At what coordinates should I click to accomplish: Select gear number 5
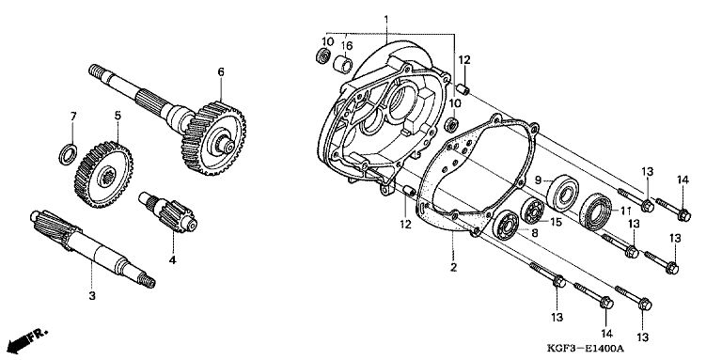pyautogui.click(x=103, y=175)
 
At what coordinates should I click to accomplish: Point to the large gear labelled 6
pyautogui.click(x=213, y=138)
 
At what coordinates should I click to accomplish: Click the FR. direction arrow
pyautogui.click(x=26, y=341)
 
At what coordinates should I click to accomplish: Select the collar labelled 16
pyautogui.click(x=342, y=64)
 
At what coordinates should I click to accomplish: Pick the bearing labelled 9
pyautogui.click(x=563, y=193)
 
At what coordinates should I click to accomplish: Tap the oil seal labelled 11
pyautogui.click(x=596, y=212)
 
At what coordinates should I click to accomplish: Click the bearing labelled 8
pyautogui.click(x=505, y=225)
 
